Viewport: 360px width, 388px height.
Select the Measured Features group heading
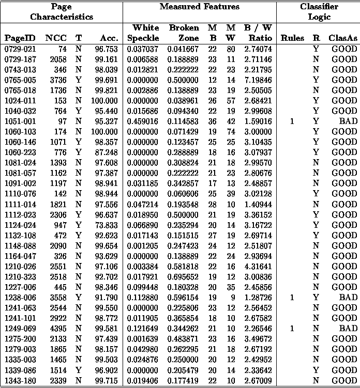pos(199,7)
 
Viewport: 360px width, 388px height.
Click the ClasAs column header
pos(343,38)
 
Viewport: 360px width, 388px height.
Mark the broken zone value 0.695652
pos(183,277)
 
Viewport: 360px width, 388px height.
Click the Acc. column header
pos(109,38)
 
